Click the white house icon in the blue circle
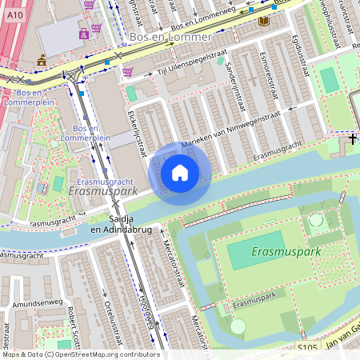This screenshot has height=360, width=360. pos(180,173)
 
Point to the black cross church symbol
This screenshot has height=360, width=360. pos(353,139)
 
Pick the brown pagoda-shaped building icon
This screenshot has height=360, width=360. pos(42,60)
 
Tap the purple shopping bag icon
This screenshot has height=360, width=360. pos(84,34)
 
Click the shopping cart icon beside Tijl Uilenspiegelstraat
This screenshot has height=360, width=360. pos(127,72)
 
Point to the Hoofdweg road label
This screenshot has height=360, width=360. pos(145,308)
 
